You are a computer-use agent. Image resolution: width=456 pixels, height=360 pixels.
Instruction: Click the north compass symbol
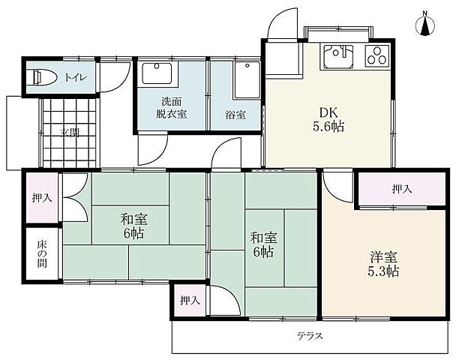pos(425,25)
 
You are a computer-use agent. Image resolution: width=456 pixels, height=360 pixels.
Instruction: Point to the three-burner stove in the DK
pos(377,56)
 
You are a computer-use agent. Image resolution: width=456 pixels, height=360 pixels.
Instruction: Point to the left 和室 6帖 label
pos(134,226)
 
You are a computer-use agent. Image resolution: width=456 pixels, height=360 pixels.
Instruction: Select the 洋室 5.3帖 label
pos(382,263)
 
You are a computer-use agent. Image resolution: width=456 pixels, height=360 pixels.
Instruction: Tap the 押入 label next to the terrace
pos(189,301)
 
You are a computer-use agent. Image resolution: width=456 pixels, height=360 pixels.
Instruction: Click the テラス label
pos(309,335)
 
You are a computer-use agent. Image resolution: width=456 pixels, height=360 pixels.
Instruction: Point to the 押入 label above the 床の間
pos(41,198)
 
